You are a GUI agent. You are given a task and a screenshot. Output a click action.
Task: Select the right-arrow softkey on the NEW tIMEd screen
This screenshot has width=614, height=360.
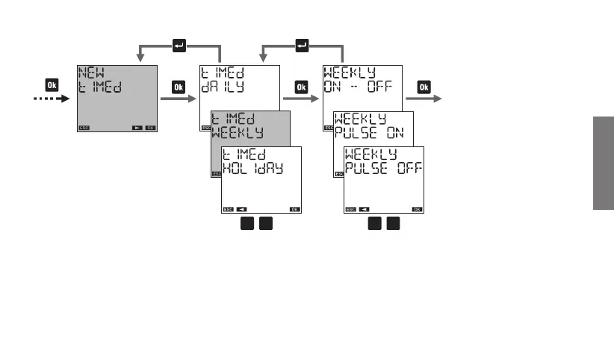point(137,128)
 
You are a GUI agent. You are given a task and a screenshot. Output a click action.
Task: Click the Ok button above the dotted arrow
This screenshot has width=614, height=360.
point(52,84)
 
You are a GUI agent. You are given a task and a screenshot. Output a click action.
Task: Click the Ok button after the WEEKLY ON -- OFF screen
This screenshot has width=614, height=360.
point(423,86)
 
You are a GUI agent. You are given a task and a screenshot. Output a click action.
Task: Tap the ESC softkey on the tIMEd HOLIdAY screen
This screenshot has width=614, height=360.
point(228,210)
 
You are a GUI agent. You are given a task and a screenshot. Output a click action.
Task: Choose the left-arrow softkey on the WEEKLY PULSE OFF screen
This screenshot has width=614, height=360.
point(364,210)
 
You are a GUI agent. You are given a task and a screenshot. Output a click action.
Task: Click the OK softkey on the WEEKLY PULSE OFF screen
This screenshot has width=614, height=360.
point(417,210)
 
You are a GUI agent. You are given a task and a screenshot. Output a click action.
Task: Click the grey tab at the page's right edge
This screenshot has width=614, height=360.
point(604,163)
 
